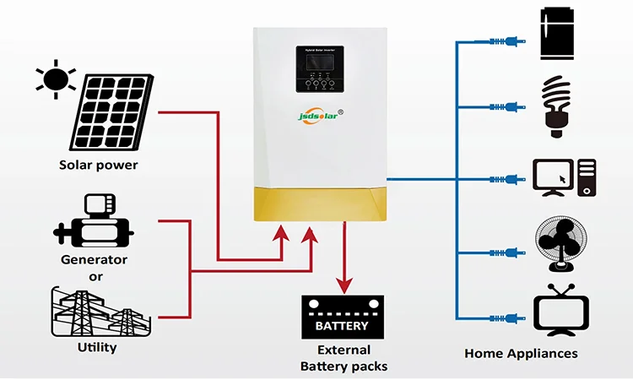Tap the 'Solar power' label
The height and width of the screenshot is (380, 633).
98,165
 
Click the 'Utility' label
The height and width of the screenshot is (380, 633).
96,347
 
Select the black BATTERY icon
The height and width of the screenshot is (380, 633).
342,318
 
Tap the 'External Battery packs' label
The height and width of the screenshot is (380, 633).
343,358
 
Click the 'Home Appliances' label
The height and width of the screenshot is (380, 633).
521,353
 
